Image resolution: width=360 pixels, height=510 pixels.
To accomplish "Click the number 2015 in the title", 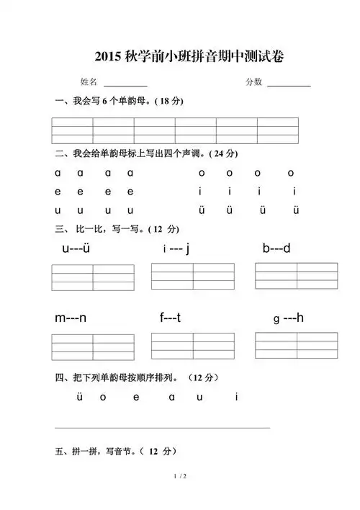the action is click(109, 56).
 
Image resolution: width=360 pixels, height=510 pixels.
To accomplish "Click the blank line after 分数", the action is click(289, 86).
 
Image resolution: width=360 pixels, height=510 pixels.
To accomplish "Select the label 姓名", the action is click(89, 82).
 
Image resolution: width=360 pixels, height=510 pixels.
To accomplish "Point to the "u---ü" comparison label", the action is click(75, 249).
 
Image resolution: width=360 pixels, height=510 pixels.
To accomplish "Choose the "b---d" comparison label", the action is click(276, 249).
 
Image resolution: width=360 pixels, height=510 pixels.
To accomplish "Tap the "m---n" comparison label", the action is click(71, 318).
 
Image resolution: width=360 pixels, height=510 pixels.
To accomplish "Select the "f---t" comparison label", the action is click(170, 318).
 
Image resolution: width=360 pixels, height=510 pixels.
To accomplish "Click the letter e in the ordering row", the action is click(138, 396).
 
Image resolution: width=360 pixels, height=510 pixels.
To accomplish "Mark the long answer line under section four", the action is click(162, 428).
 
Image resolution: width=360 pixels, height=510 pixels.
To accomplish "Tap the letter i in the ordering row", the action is click(236, 396).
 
